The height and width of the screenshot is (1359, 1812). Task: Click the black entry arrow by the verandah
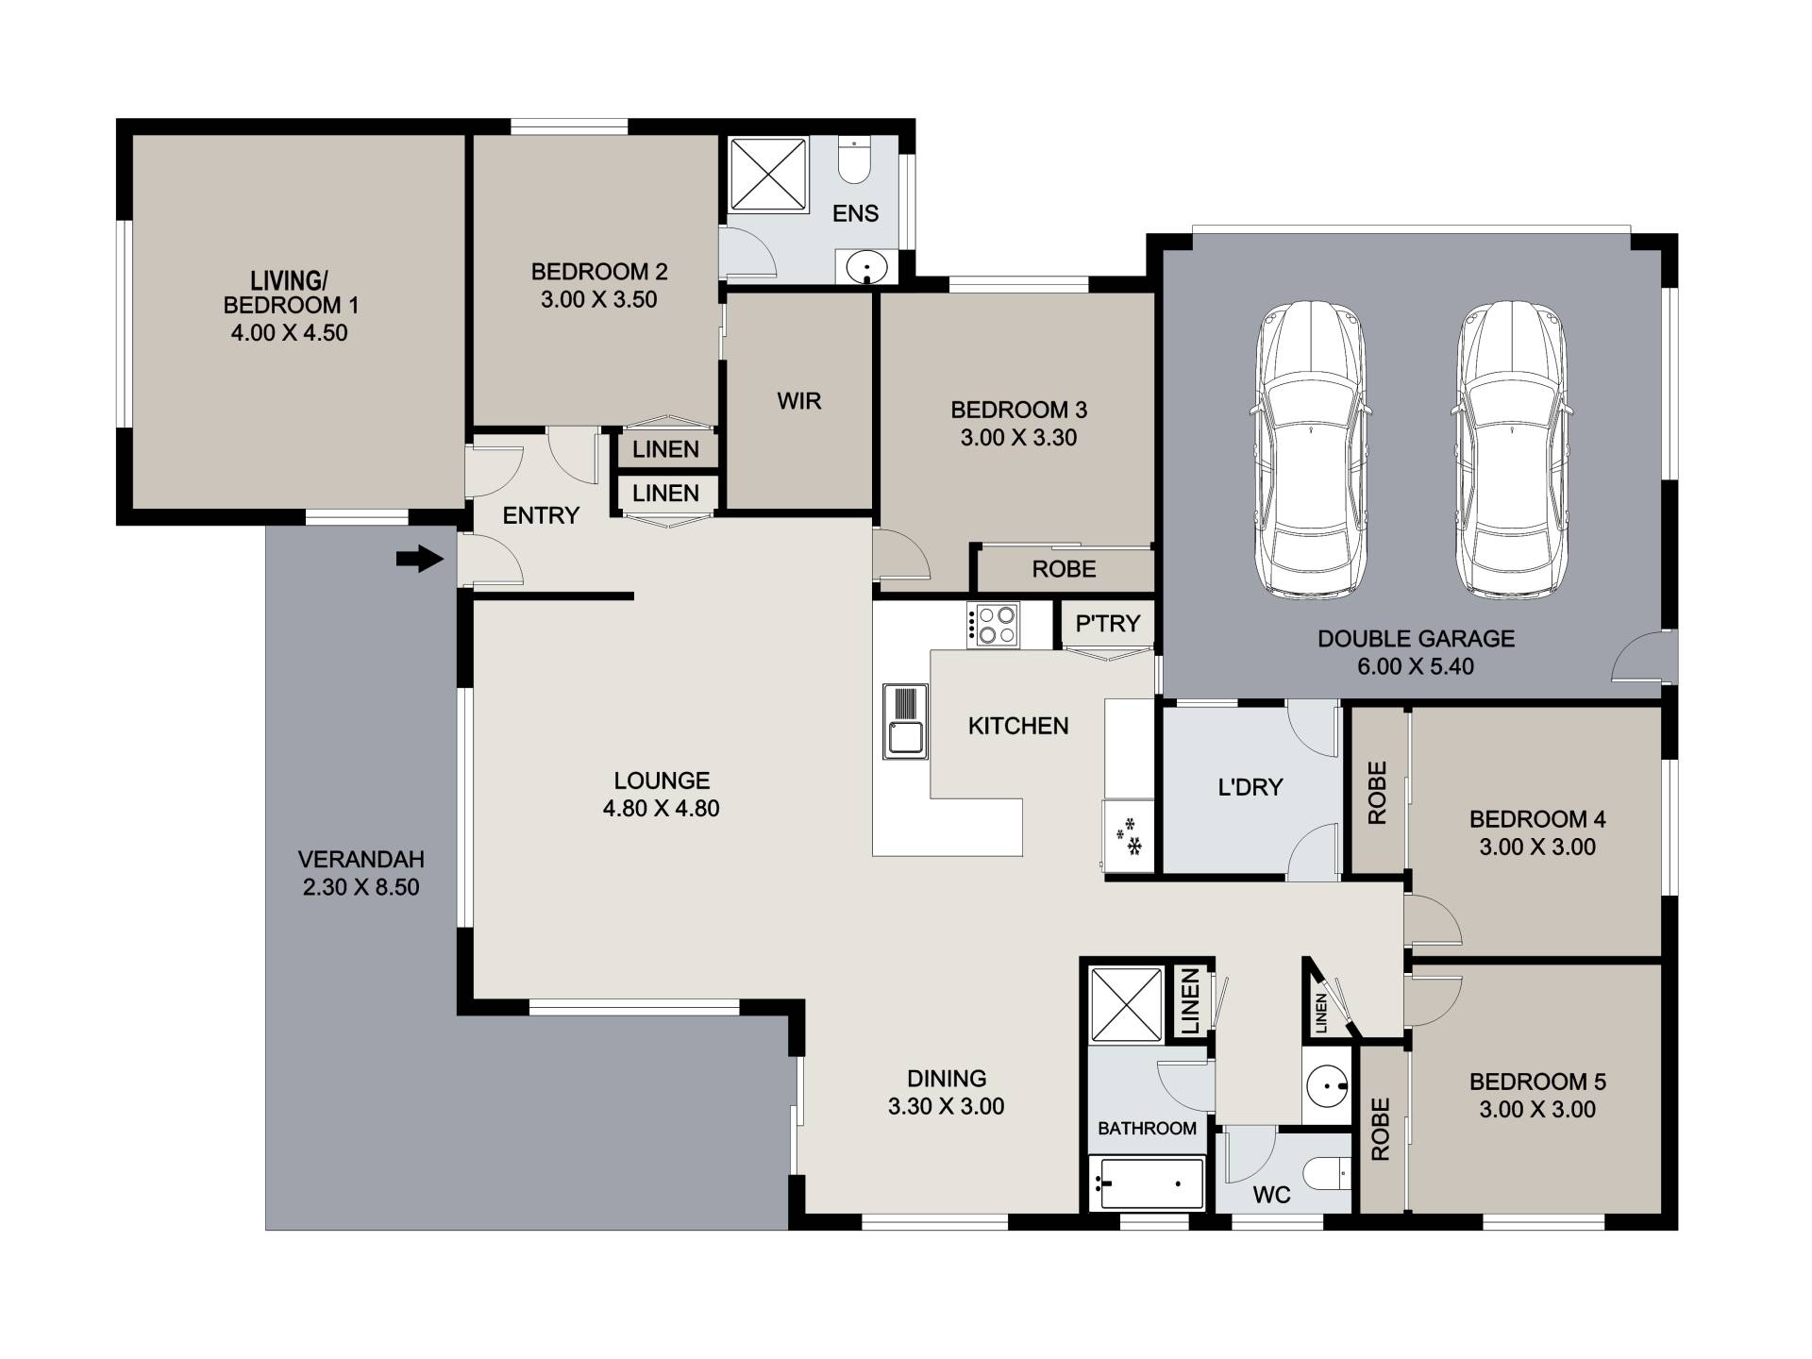pyautogui.click(x=420, y=560)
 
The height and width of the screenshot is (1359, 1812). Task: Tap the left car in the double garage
pyautogui.click(x=1311, y=451)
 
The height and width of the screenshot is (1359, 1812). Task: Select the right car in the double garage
pyautogui.click(x=1511, y=451)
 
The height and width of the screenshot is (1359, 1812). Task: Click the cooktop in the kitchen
pyautogui.click(x=993, y=625)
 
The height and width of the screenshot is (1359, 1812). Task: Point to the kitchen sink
pyautogui.click(x=905, y=721)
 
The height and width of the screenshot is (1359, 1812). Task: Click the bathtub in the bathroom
pyautogui.click(x=1147, y=1183)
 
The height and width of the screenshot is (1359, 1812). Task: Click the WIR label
pyautogui.click(x=799, y=401)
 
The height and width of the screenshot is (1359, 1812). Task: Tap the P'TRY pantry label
pyautogui.click(x=1108, y=623)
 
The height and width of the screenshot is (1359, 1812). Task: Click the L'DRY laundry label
pyautogui.click(x=1250, y=787)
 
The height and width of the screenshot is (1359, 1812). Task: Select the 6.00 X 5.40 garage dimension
pyautogui.click(x=1416, y=666)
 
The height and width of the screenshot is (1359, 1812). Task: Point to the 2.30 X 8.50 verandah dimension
pyautogui.click(x=361, y=887)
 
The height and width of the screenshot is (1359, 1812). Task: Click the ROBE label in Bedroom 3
pyautogui.click(x=1064, y=569)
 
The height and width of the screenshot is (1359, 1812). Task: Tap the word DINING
pyautogui.click(x=947, y=1078)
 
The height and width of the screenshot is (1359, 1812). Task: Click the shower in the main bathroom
pyautogui.click(x=1127, y=1005)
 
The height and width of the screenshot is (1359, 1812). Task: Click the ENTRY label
pyautogui.click(x=541, y=515)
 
